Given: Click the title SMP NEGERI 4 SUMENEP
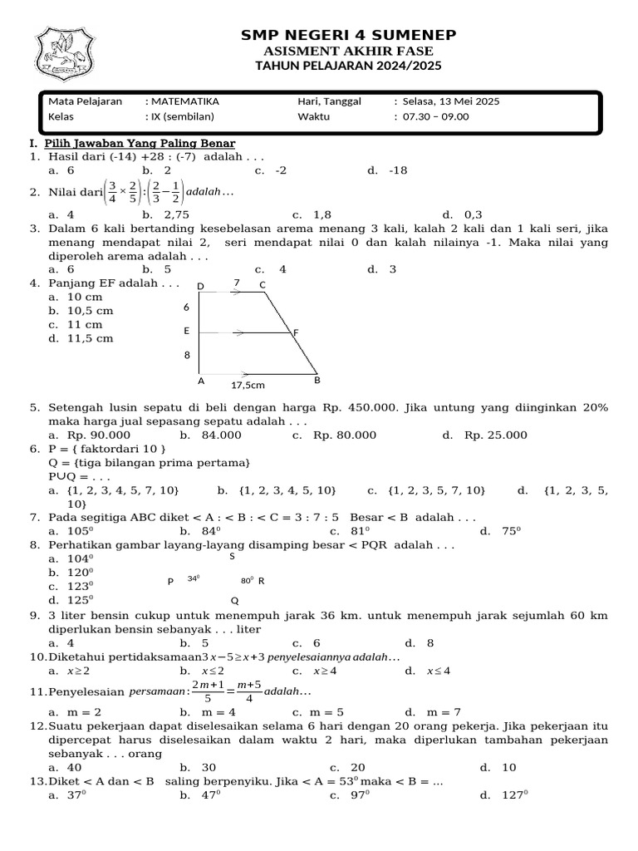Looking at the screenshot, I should coord(348,34).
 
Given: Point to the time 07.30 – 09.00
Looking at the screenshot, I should coord(435,116).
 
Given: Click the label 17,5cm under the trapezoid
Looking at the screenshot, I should coord(248,386).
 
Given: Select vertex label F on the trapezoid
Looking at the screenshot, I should coord(296,332).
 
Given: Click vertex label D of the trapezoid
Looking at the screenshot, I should coord(200,287).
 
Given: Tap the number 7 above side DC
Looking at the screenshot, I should coord(237,283).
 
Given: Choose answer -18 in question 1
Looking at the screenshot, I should coord(398,170).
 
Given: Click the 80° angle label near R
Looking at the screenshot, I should coord(247,580).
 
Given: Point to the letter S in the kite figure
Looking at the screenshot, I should coord(233,557).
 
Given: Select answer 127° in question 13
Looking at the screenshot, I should coord(514,795).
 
